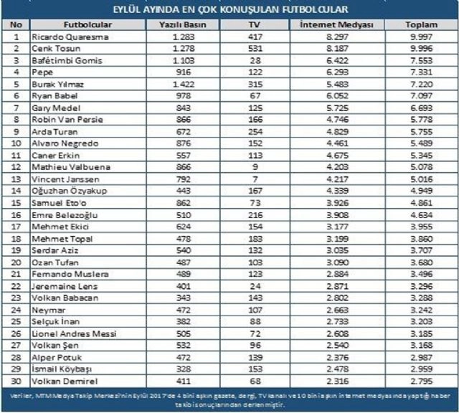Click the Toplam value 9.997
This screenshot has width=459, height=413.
(x=422, y=37)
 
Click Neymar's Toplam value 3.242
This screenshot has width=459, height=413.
(x=422, y=310)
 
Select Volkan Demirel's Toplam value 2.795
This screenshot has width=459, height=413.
(x=422, y=381)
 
